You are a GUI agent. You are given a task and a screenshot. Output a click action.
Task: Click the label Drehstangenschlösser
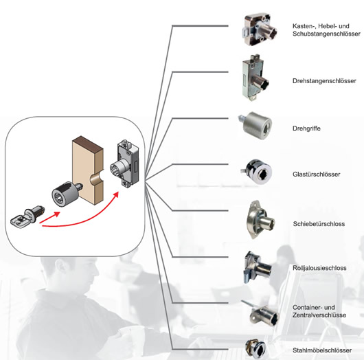[324, 81]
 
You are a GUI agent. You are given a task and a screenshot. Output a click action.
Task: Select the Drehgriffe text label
[306, 128]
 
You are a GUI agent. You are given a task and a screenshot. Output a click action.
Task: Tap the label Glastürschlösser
[317, 175]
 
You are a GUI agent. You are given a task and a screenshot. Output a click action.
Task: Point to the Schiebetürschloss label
[319, 224]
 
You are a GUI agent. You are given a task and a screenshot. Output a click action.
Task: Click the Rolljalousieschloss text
[319, 268]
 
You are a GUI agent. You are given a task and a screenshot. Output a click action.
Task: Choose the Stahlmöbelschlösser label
[322, 350]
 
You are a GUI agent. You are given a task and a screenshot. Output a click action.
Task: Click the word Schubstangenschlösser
[326, 34]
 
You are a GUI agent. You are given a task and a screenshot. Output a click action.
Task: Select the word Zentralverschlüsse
[319, 315]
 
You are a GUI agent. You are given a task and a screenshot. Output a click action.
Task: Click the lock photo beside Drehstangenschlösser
[254, 78]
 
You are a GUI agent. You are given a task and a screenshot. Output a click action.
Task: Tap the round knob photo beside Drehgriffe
[255, 126]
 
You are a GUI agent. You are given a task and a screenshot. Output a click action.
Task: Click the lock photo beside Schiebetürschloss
[260, 220]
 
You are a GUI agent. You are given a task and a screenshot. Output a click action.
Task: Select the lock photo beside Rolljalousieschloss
[258, 268]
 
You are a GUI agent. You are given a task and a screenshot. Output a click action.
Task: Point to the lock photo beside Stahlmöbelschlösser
[255, 349]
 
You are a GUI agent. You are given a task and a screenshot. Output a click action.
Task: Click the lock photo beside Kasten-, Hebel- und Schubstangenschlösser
[259, 30]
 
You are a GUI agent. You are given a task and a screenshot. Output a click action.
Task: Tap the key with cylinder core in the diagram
[27, 216]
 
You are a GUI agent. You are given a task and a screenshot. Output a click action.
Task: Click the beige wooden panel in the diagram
[88, 170]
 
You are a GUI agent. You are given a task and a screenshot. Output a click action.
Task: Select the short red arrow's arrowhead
[56, 214]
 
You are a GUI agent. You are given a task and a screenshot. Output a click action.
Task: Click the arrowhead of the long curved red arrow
[115, 194]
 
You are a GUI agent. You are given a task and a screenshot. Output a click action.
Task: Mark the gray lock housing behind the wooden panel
[125, 164]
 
